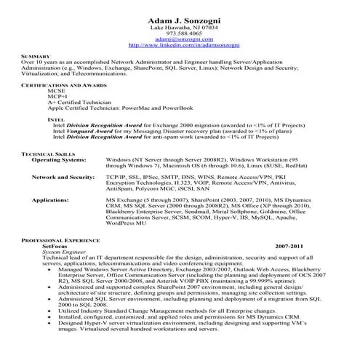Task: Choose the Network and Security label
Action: click(x=64, y=177)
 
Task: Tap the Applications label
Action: click(x=51, y=199)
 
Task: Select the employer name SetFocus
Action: click(x=55, y=246)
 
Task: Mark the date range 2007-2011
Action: click(x=289, y=247)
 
